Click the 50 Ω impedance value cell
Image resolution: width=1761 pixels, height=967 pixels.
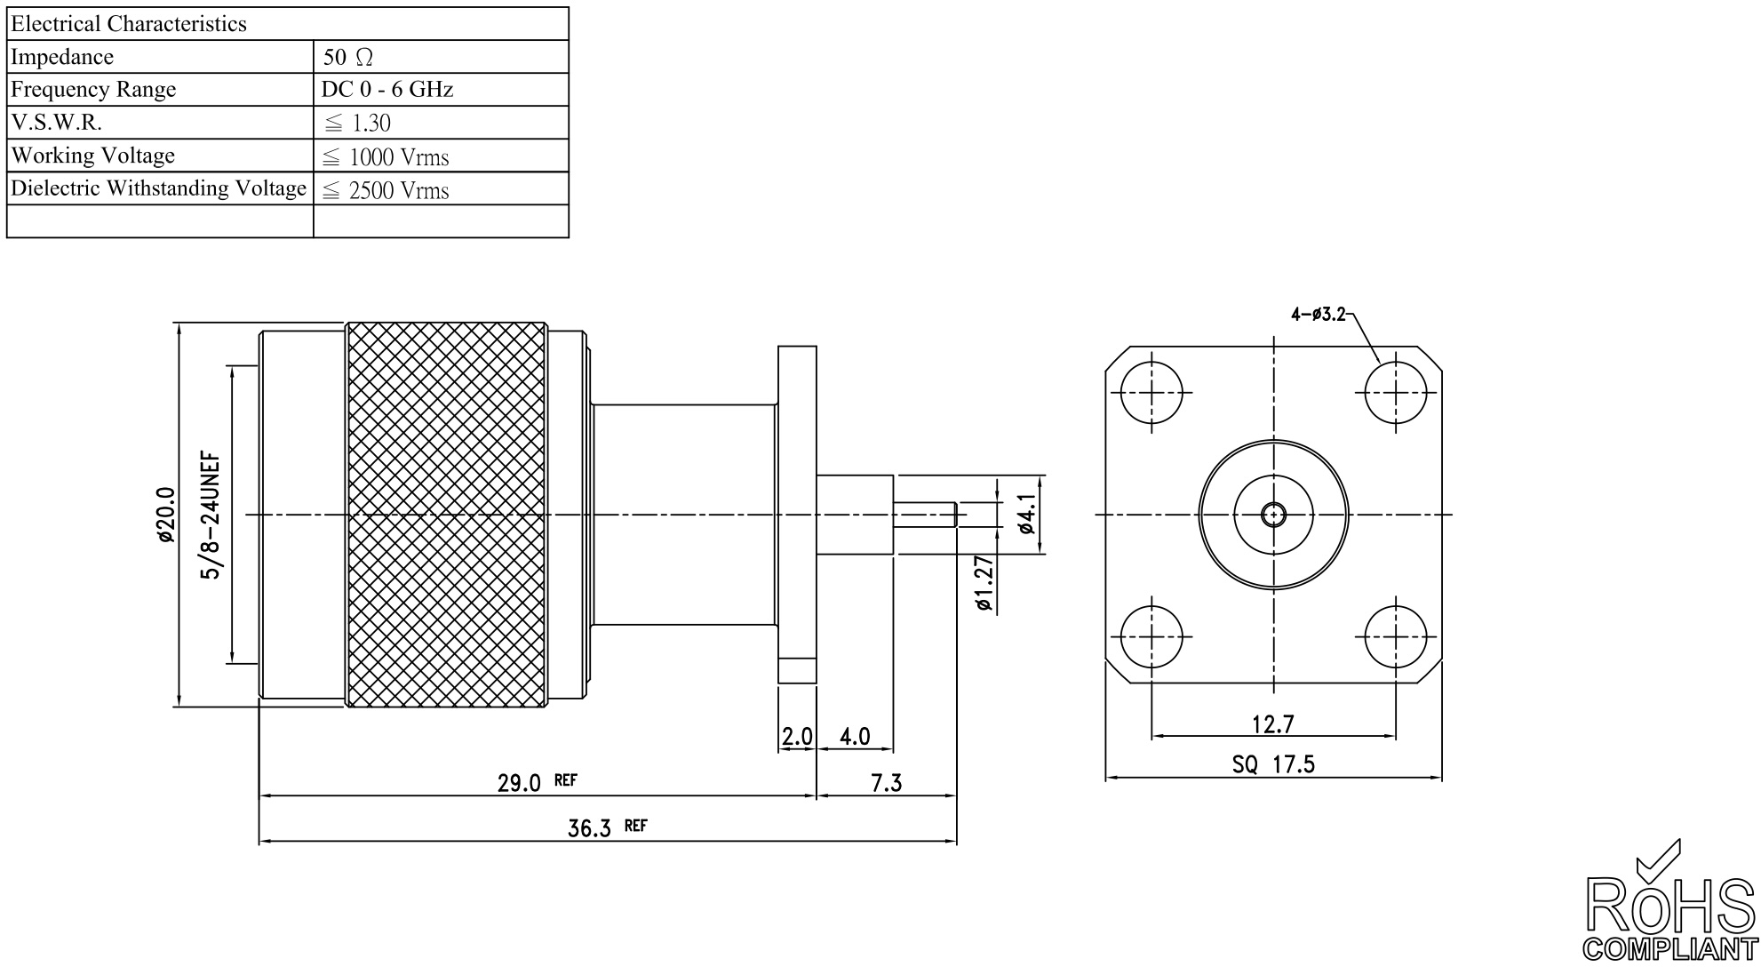click(347, 58)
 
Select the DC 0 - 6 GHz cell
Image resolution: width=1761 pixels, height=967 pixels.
click(387, 90)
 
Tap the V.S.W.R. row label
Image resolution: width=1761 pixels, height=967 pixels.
click(56, 123)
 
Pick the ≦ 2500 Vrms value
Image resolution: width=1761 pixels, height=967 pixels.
click(386, 190)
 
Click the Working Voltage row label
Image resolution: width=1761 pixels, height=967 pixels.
click(92, 156)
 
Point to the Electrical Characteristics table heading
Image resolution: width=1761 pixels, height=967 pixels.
click(129, 24)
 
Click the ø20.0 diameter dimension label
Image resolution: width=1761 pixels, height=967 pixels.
click(164, 515)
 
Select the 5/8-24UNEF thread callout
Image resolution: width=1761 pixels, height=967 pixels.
click(211, 515)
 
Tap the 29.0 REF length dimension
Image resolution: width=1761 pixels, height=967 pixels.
click(538, 782)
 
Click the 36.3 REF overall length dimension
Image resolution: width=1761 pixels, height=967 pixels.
click(608, 827)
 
